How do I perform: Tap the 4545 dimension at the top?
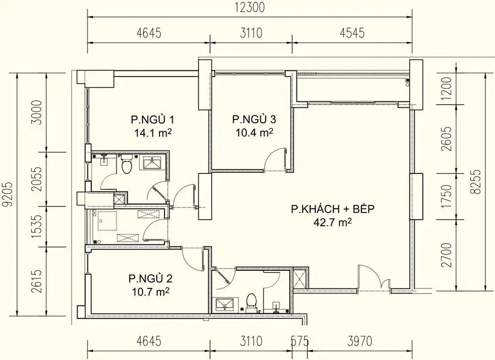point(351,33)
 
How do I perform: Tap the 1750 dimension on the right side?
point(446,194)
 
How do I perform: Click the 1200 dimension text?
point(446,86)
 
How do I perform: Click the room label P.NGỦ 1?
point(148,119)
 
